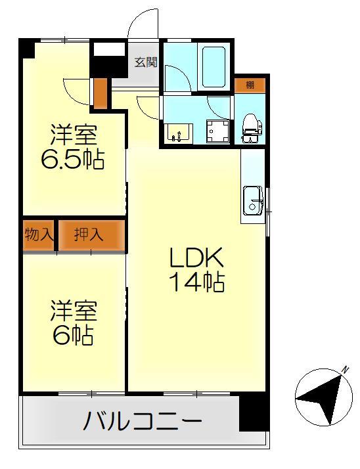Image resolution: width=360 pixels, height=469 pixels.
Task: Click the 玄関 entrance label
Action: (x=145, y=63)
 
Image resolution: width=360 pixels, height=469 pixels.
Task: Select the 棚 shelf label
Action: (x=250, y=85)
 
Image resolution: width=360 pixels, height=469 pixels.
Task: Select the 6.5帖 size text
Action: (x=73, y=160)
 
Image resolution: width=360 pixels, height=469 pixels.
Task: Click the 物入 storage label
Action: (x=39, y=234)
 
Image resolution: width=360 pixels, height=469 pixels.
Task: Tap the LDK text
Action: (x=196, y=257)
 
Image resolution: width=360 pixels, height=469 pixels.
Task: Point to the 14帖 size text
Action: (x=196, y=282)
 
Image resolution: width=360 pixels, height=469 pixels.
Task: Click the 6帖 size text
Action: (x=73, y=335)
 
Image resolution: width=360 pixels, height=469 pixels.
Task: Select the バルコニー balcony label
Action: (x=142, y=421)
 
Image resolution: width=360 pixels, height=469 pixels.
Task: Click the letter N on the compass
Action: (x=344, y=372)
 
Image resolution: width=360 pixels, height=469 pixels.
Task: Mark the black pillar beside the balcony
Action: (x=254, y=413)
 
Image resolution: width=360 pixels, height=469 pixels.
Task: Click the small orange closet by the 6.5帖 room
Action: (x=100, y=93)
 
